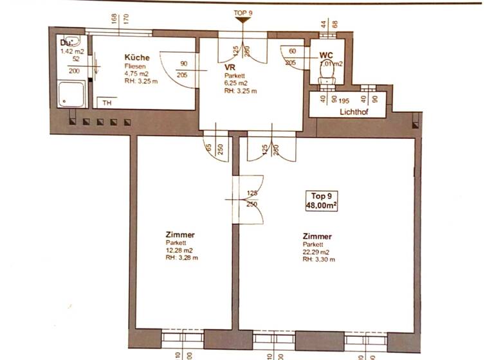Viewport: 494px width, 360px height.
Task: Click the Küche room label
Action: tap(136, 58)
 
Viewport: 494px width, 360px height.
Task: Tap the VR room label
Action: tap(230, 67)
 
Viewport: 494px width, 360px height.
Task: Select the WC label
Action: tap(325, 55)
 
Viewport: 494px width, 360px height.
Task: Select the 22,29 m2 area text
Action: tap(316, 252)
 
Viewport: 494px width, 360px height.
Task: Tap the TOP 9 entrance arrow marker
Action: tap(242, 21)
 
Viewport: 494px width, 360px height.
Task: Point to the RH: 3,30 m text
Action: tap(318, 260)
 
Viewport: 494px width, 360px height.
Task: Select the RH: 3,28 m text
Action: tap(181, 258)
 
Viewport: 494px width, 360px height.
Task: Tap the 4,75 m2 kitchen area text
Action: tap(137, 73)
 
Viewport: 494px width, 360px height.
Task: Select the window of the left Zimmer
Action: tap(183, 338)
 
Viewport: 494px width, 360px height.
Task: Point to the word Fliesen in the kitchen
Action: tap(134, 66)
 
